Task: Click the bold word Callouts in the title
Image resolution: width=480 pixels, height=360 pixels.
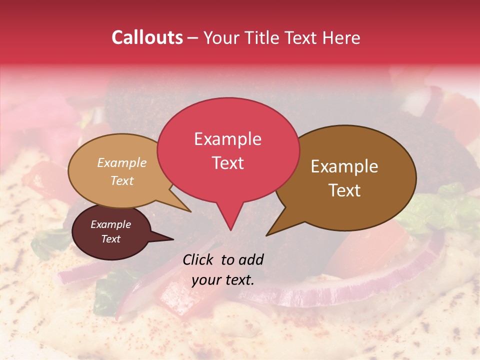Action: [147, 38]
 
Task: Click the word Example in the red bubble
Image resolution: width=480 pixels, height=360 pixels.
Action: [227, 139]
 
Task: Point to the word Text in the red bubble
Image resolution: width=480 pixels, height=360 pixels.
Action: [227, 163]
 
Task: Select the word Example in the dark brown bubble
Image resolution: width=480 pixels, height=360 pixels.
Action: [344, 166]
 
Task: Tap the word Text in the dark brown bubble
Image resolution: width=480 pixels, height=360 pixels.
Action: [344, 190]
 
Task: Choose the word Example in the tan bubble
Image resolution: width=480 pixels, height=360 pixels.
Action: [122, 163]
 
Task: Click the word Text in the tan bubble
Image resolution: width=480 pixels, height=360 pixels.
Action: [122, 180]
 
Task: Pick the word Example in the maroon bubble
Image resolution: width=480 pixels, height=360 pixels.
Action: [110, 224]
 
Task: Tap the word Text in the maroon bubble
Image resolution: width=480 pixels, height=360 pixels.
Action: [110, 239]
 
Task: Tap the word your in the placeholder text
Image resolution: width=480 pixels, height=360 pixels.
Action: [206, 280]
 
